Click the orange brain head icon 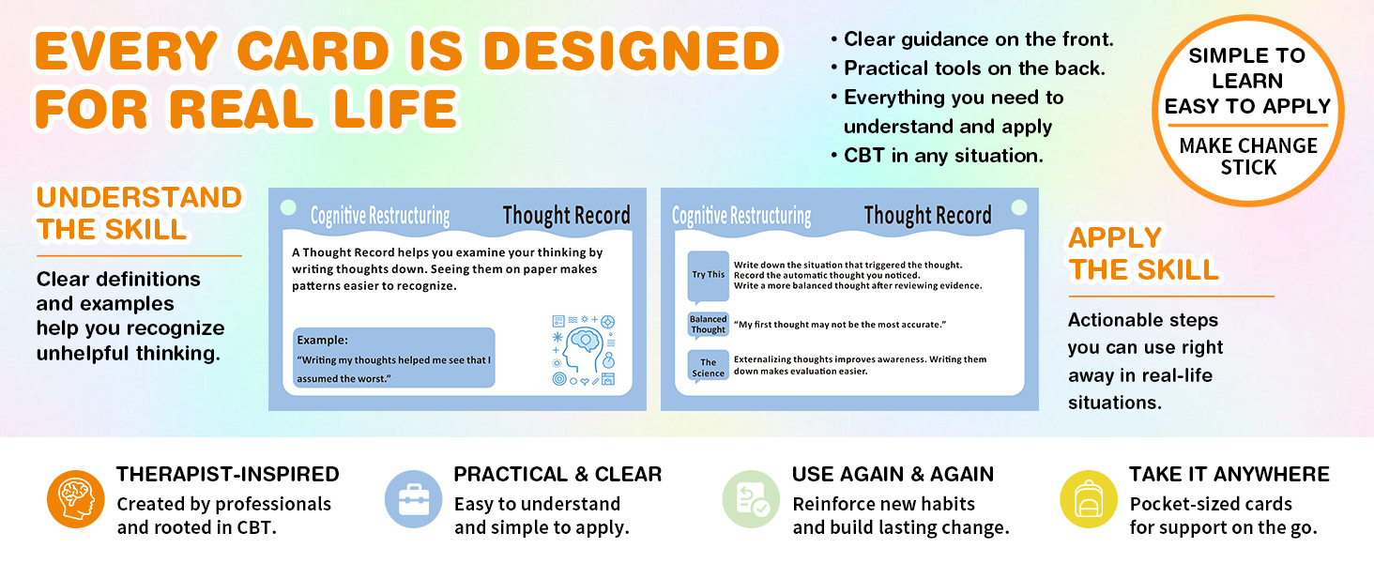tap(76, 499)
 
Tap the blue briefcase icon tap(414, 499)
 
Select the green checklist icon tap(752, 499)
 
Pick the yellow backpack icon tap(1089, 499)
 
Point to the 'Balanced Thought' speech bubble tap(709, 325)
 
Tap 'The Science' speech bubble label tap(709, 368)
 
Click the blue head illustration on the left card tap(583, 350)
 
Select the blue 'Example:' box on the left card tap(394, 358)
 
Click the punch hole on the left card tap(288, 208)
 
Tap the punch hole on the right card tap(1019, 208)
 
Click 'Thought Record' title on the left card tap(566, 215)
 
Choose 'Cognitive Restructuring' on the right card tap(741, 216)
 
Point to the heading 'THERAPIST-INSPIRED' tap(227, 474)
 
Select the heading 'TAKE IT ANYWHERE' tap(1229, 474)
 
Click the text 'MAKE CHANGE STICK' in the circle tap(1248, 157)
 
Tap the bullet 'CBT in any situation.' tap(938, 156)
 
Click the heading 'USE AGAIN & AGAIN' tap(893, 474)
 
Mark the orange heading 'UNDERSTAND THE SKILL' tap(139, 213)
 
